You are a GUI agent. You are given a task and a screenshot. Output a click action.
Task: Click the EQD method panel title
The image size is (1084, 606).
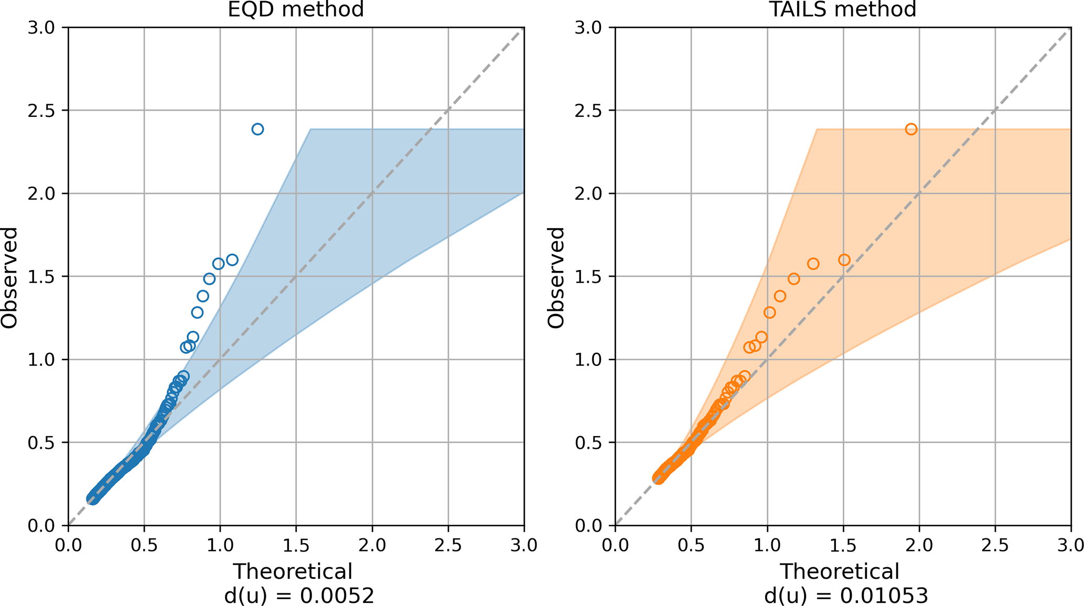tap(296, 9)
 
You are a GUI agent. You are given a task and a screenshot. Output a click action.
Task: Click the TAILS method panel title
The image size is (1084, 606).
tap(843, 9)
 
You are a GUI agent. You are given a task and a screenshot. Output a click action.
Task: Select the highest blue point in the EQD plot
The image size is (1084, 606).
tap(257, 129)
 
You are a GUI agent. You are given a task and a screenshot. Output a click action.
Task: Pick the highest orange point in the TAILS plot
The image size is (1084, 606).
tap(911, 129)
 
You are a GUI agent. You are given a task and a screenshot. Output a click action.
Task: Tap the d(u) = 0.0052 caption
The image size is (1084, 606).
tap(299, 596)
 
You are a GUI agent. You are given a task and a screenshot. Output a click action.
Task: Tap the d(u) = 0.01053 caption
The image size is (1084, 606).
tap(846, 596)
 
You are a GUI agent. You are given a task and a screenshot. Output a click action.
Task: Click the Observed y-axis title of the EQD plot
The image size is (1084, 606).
tap(9, 277)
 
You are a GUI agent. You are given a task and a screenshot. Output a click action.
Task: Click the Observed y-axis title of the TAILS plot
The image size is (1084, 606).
tap(556, 277)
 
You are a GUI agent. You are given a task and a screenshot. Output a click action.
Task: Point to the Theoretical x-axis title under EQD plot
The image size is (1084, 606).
tap(293, 571)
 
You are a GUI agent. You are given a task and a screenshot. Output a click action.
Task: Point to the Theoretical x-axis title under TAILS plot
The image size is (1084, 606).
tap(840, 571)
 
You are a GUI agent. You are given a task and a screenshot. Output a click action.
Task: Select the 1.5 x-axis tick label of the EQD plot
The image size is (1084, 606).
tap(296, 546)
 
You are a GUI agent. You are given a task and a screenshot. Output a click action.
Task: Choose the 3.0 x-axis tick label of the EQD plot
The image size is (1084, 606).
tap(524, 546)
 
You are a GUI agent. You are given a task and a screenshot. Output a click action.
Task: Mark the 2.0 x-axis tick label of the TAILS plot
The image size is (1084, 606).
tap(919, 546)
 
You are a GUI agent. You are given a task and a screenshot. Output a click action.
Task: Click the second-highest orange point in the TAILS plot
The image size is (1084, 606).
tap(844, 260)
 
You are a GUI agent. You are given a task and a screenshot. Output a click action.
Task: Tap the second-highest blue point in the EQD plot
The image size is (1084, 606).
tap(232, 259)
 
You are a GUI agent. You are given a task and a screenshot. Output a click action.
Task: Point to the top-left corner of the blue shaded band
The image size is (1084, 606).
tap(310, 129)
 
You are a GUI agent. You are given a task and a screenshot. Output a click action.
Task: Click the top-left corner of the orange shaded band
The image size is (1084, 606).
tap(817, 129)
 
